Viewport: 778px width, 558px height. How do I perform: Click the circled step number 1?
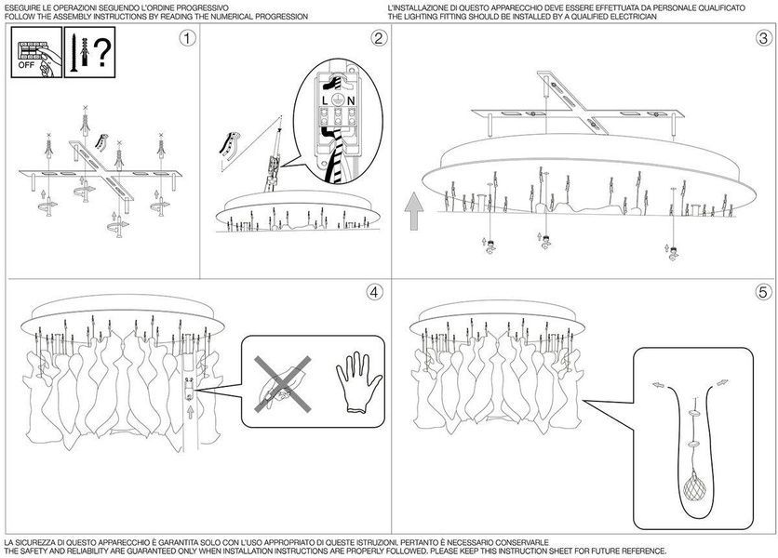point(187,38)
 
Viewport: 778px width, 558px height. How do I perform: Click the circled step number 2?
point(379,38)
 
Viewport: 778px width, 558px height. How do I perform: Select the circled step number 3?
point(764,38)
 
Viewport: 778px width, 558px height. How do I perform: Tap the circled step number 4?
point(375,292)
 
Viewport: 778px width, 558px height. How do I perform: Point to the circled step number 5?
point(764,292)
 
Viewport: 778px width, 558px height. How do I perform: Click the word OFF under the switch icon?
point(26,65)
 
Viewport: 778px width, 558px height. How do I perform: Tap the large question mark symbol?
point(102,53)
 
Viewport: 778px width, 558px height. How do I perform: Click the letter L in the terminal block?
point(325,100)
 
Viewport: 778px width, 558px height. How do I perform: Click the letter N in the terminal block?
point(351,100)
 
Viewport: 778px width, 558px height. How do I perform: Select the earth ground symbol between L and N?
point(338,100)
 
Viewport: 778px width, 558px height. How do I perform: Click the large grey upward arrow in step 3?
point(414,212)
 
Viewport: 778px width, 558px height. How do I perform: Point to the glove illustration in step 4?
point(358,382)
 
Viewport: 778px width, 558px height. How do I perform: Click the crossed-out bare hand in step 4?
point(282,383)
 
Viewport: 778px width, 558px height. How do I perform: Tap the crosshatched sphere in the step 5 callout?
point(694,487)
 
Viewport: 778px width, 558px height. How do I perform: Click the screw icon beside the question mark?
point(74,53)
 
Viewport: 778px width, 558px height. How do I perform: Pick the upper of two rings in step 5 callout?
point(693,413)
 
